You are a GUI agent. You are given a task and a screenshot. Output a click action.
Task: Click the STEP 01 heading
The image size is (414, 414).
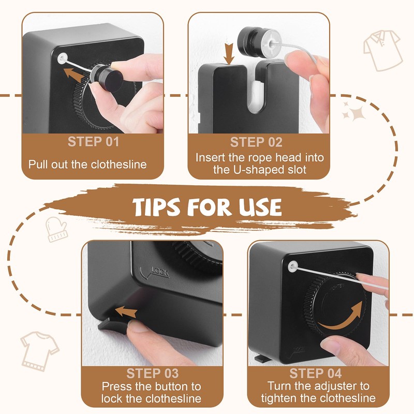(93, 141)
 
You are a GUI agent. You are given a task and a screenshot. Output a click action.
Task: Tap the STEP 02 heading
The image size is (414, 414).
(256, 142)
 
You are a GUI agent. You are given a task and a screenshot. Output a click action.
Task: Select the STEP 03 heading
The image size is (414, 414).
(152, 373)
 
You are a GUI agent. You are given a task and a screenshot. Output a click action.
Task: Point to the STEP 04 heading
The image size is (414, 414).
(316, 373)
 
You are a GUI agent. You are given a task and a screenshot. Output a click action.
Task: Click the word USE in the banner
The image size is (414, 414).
(260, 207)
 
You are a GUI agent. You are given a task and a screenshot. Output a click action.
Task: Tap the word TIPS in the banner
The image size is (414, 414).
(156, 207)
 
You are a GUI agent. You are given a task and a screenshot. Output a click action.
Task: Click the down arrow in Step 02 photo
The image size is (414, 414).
(229, 54)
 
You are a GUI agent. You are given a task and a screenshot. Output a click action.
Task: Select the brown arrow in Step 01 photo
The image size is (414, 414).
(75, 75)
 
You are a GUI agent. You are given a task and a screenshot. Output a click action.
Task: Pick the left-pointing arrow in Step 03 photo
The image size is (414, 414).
(126, 312)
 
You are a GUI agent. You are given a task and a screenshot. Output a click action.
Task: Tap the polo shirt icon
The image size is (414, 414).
(382, 50)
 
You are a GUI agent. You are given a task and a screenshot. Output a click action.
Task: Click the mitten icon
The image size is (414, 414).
(56, 229)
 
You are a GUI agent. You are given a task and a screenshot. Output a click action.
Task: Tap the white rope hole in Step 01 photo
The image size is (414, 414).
(63, 58)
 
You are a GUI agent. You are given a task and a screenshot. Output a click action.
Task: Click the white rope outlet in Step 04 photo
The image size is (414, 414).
(293, 267)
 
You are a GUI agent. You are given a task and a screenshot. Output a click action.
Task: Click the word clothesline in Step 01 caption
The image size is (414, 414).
(119, 165)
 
